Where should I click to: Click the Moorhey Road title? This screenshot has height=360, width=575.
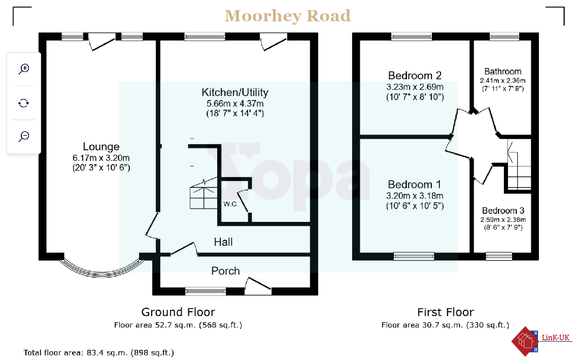(287, 16)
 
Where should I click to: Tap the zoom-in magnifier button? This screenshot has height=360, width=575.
(24, 69)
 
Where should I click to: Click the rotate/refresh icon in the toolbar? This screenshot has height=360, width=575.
(23, 103)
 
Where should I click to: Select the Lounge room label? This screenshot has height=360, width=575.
(101, 147)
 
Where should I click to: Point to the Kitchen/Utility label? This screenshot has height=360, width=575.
(235, 92)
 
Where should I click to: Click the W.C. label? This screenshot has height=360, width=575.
(231, 204)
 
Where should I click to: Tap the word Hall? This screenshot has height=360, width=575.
(223, 242)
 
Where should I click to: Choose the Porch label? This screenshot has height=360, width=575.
(225, 271)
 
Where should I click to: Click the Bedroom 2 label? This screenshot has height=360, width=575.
(415, 76)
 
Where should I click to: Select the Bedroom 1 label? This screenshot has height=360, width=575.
(415, 184)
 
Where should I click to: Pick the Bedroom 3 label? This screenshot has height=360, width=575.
(503, 211)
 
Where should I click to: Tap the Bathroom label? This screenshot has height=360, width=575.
(503, 72)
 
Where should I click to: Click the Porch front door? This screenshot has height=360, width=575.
(258, 286)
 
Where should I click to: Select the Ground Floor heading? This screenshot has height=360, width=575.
(178, 312)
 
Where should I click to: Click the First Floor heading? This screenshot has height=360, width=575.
(446, 312)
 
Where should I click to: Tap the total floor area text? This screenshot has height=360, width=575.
(98, 353)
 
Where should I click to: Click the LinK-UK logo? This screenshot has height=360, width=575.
(542, 341)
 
